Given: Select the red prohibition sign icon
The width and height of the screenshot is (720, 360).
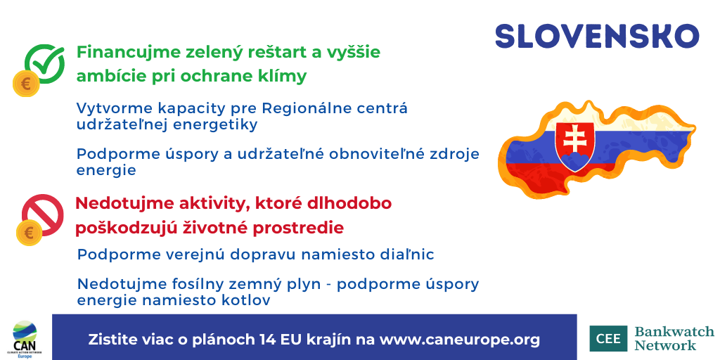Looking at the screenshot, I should (42, 214).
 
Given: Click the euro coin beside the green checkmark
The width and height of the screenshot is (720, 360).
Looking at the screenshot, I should (26, 84).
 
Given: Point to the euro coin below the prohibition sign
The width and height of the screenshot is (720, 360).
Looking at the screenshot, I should (30, 232).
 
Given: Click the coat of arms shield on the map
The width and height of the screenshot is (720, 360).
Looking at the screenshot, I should (575, 144).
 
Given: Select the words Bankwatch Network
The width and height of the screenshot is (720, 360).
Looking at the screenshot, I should (674, 338).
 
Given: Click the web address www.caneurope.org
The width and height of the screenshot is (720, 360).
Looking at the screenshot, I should (460, 339).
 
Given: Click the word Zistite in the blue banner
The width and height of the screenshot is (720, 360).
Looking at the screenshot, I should (111, 339).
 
